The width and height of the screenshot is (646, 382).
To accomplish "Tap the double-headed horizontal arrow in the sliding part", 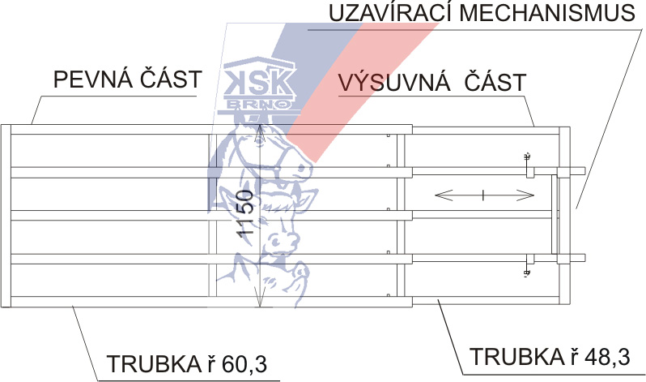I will (483, 195).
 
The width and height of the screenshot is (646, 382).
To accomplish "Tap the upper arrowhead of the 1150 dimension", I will (257, 133).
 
